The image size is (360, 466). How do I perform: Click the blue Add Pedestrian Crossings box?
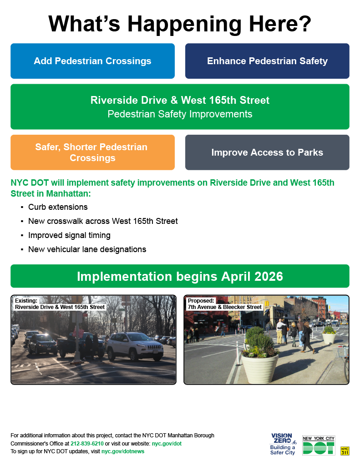pos(92,61)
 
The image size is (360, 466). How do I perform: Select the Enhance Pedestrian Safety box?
pos(267,61)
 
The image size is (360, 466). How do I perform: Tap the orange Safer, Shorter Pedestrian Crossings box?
pos(92,152)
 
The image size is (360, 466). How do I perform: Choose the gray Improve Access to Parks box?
pos(267,152)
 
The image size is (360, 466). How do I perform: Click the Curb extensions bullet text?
pos(58,207)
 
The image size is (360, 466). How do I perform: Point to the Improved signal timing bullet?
pos(69,235)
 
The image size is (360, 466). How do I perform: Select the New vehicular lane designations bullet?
pos(87,249)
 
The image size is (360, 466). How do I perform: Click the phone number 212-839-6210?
pos(87,443)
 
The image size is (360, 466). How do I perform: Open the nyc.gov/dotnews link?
pos(123,451)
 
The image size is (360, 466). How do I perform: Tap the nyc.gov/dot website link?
pos(167,443)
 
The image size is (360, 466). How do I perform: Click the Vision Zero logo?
pos(283,444)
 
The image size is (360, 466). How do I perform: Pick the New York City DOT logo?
pos(319,445)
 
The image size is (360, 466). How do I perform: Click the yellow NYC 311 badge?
pos(345,451)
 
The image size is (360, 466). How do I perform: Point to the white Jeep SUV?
pos(135,346)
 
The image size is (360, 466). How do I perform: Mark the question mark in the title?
pos(304,24)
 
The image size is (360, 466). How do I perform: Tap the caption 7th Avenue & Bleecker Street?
pos(224,307)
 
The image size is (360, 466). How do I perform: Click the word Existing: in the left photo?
pos(26,300)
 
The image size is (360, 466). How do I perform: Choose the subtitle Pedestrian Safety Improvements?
pos(180,114)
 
